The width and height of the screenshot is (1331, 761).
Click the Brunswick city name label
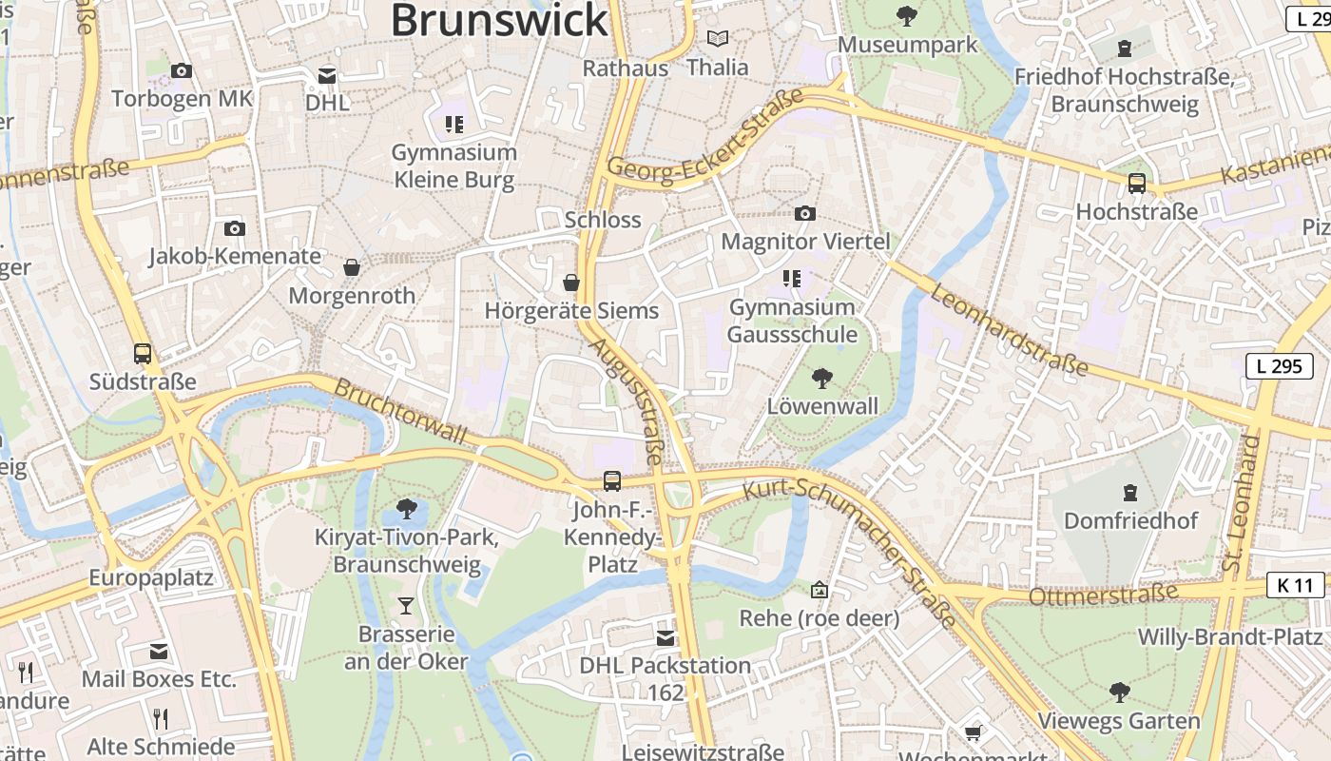[499, 21]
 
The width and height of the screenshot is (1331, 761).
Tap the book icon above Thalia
[718, 39]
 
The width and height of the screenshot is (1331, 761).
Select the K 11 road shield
[1296, 585]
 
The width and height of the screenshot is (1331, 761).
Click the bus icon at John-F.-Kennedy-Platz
[612, 481]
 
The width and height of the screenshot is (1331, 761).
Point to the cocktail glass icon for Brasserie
[406, 605]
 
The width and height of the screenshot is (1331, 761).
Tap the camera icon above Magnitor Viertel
[805, 213]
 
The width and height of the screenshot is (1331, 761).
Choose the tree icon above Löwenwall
[822, 379]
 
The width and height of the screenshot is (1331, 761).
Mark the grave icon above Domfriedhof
[1129, 493]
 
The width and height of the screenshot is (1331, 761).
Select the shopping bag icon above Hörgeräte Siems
[571, 283]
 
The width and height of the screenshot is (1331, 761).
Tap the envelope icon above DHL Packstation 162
[665, 637]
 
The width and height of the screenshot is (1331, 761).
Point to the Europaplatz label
[151, 578]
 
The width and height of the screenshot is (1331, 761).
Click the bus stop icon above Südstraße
[143, 354]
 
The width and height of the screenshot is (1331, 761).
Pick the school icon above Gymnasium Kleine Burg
[453, 124]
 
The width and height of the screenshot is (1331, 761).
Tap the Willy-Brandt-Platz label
[1230, 636]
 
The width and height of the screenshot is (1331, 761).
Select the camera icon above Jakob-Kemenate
[235, 228]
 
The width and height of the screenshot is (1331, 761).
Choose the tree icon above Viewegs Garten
[1119, 692]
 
